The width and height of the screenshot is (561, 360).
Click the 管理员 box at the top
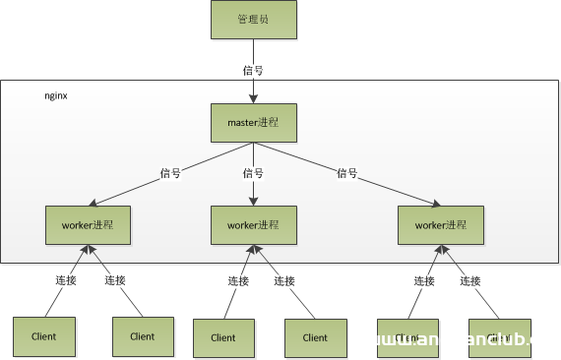click(x=253, y=20)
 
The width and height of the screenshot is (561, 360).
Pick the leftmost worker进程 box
click(x=88, y=224)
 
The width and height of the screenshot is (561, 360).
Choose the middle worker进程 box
click(x=253, y=224)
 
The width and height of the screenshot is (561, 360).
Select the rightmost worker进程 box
click(x=440, y=224)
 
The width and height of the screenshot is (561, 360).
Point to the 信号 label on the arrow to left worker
click(x=170, y=173)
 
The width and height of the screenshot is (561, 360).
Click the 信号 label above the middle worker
click(x=253, y=173)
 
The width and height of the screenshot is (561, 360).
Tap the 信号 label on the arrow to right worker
click(x=346, y=173)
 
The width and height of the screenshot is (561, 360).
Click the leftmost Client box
click(x=43, y=336)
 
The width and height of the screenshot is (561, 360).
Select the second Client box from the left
click(x=142, y=336)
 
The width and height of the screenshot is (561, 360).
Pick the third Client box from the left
click(x=224, y=337)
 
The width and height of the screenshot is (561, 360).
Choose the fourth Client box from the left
click(x=315, y=337)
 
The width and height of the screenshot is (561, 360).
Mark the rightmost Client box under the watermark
click(x=499, y=337)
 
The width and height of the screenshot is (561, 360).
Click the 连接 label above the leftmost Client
click(x=65, y=280)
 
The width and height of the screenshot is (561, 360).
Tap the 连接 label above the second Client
click(x=115, y=280)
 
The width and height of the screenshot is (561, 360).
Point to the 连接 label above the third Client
click(x=238, y=280)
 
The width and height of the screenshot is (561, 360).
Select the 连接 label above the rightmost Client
click(x=470, y=280)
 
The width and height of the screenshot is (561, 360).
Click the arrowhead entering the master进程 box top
click(x=253, y=98)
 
